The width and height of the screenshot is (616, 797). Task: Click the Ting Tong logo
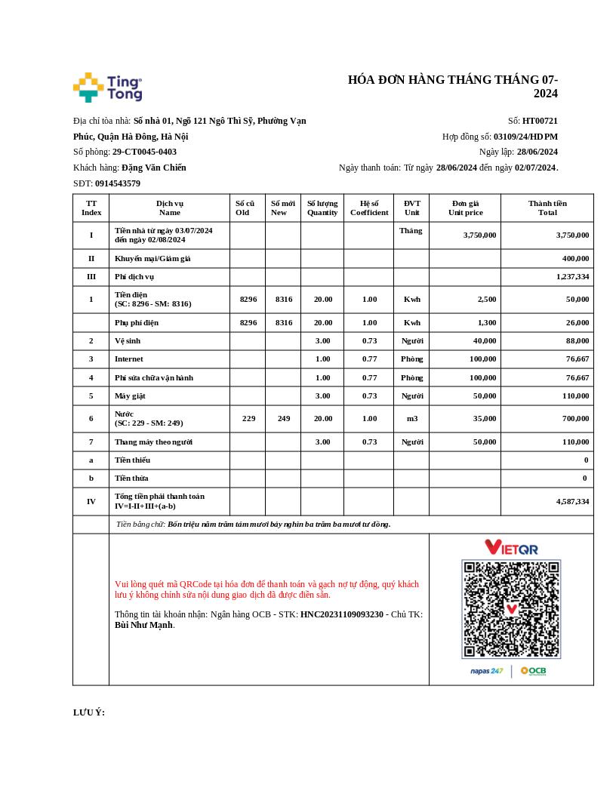coord(108,88)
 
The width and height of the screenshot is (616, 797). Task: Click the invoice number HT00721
coord(540,121)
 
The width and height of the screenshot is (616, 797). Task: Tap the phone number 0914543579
coord(118,183)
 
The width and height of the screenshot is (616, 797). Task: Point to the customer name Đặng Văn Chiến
coord(154,168)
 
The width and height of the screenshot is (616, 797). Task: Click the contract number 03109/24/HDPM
coord(525,137)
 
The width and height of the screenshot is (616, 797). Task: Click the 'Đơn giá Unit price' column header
coord(465,208)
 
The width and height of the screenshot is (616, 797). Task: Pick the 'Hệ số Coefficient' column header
coord(369,208)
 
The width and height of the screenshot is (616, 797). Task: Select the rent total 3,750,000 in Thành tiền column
coord(572,235)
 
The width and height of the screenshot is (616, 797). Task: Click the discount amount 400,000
coord(575,258)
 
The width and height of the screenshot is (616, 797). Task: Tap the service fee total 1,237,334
coord(572,277)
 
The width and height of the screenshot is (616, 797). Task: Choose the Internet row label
coord(128,359)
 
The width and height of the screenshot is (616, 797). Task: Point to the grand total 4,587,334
coord(572,501)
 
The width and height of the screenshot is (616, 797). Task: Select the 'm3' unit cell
coord(412,418)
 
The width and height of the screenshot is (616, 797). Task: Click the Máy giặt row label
coord(130,396)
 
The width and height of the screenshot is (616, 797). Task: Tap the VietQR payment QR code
coord(511,608)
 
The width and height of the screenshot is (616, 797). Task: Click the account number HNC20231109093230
coord(342,614)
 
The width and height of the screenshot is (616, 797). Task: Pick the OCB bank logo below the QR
coord(533,671)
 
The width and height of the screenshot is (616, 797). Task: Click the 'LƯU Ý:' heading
coord(89,712)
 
